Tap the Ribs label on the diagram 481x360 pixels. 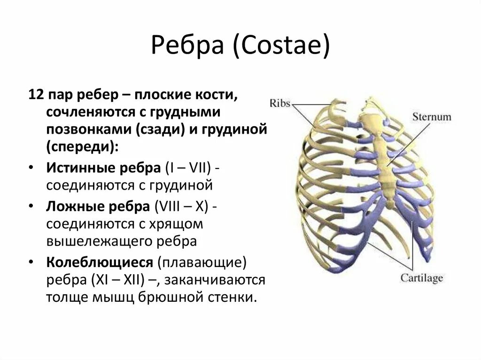coord(280,102)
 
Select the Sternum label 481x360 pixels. coord(432,116)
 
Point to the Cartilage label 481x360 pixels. coord(421,278)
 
